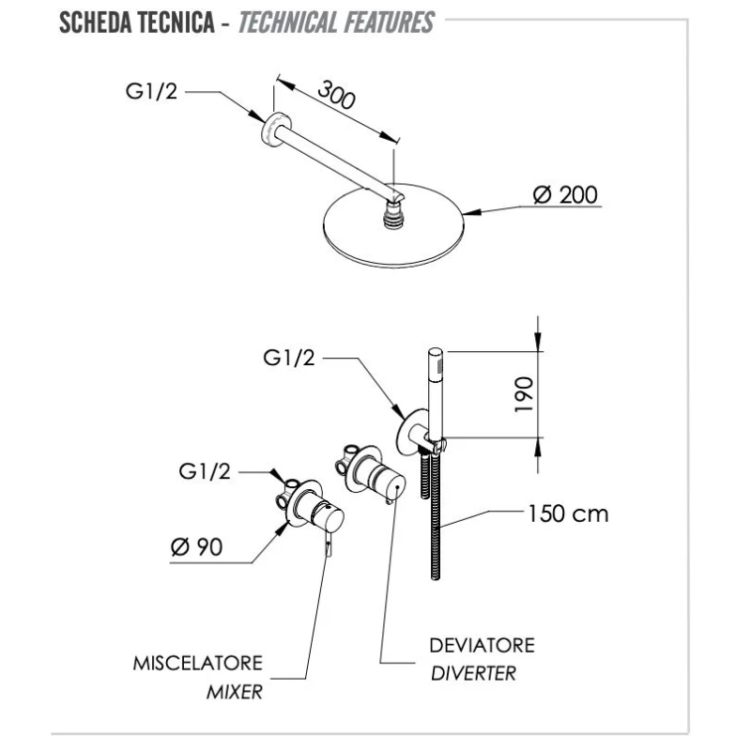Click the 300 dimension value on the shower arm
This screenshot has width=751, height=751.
tap(336, 95)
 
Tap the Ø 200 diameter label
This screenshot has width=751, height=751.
tap(565, 195)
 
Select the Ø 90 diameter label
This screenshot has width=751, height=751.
tap(196, 547)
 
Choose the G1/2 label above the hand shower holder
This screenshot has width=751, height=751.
tap(287, 357)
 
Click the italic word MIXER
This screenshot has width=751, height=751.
tap(235, 694)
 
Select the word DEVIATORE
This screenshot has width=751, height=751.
tap(482, 646)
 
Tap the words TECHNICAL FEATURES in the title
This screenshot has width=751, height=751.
tap(336, 23)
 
